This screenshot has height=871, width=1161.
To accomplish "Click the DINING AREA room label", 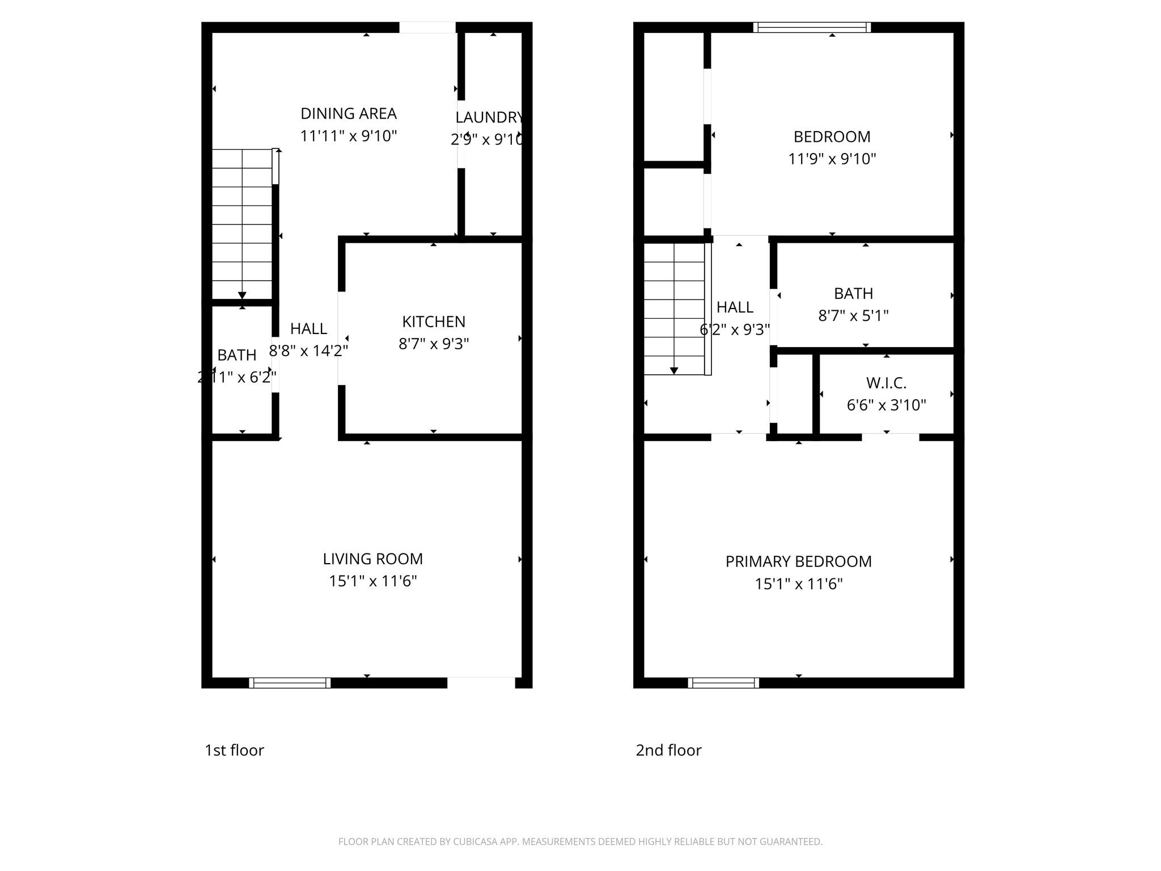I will pyautogui.click(x=348, y=114).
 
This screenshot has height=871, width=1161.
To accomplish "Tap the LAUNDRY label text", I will pyautogui.click(x=489, y=117).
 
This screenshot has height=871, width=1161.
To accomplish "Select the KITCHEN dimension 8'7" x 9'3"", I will pyautogui.click(x=434, y=344).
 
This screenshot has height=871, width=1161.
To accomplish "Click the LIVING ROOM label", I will pyautogui.click(x=372, y=559).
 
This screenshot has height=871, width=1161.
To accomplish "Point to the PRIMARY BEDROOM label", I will pyautogui.click(x=798, y=561).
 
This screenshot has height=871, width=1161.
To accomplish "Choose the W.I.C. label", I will pyautogui.click(x=886, y=383).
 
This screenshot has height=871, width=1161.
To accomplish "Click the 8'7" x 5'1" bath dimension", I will pyautogui.click(x=853, y=315).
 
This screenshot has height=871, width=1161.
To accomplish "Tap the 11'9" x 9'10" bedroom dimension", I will pyautogui.click(x=832, y=159).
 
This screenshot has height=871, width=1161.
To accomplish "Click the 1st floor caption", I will pyautogui.click(x=234, y=750).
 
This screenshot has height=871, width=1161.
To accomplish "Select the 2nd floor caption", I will pyautogui.click(x=668, y=750).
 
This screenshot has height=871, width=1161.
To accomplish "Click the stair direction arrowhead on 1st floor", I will pyautogui.click(x=242, y=295).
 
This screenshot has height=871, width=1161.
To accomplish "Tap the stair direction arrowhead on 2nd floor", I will pyautogui.click(x=674, y=371).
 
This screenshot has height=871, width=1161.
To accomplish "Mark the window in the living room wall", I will pyautogui.click(x=290, y=683).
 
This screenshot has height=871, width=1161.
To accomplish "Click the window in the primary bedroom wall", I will pyautogui.click(x=723, y=683).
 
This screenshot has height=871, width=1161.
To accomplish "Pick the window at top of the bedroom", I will pyautogui.click(x=812, y=27).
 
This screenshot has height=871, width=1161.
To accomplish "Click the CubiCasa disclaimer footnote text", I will pyautogui.click(x=580, y=842).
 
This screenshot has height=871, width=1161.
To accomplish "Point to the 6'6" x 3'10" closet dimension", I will pyautogui.click(x=886, y=405).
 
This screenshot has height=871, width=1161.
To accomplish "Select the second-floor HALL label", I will pyautogui.click(x=735, y=307).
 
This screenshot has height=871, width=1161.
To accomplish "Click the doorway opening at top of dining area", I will pyautogui.click(x=427, y=27).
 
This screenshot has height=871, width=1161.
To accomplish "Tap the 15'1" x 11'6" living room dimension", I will pyautogui.click(x=372, y=581).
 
